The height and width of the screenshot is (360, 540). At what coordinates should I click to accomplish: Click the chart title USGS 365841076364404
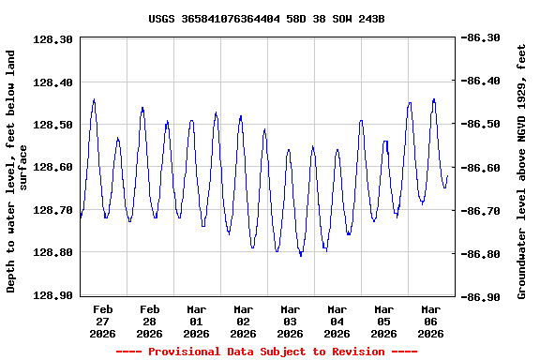[266, 19]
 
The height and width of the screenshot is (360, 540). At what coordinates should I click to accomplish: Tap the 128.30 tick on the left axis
[53, 39]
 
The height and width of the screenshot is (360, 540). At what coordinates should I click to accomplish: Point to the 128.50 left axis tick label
[53, 125]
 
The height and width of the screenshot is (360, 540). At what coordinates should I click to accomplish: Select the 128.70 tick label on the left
[53, 210]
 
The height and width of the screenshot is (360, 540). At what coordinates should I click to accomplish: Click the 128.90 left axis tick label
[53, 295]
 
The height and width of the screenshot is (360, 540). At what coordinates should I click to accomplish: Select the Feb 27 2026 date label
[103, 321]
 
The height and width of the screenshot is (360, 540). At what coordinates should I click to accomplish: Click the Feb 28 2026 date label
[150, 321]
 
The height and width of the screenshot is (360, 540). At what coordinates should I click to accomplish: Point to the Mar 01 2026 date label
[197, 321]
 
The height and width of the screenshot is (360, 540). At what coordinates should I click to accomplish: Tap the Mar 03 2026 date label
[291, 321]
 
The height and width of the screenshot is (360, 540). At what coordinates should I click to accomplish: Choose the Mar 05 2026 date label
[384, 321]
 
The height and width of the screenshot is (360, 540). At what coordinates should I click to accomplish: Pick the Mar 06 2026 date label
[431, 321]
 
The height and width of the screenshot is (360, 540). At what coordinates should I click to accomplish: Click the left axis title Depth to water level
[17, 172]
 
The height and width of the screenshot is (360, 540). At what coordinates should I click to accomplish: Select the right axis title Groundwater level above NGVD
[522, 172]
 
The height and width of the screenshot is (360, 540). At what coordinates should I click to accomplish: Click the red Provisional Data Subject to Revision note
[266, 352]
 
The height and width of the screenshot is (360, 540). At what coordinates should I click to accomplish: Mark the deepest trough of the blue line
[301, 255]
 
